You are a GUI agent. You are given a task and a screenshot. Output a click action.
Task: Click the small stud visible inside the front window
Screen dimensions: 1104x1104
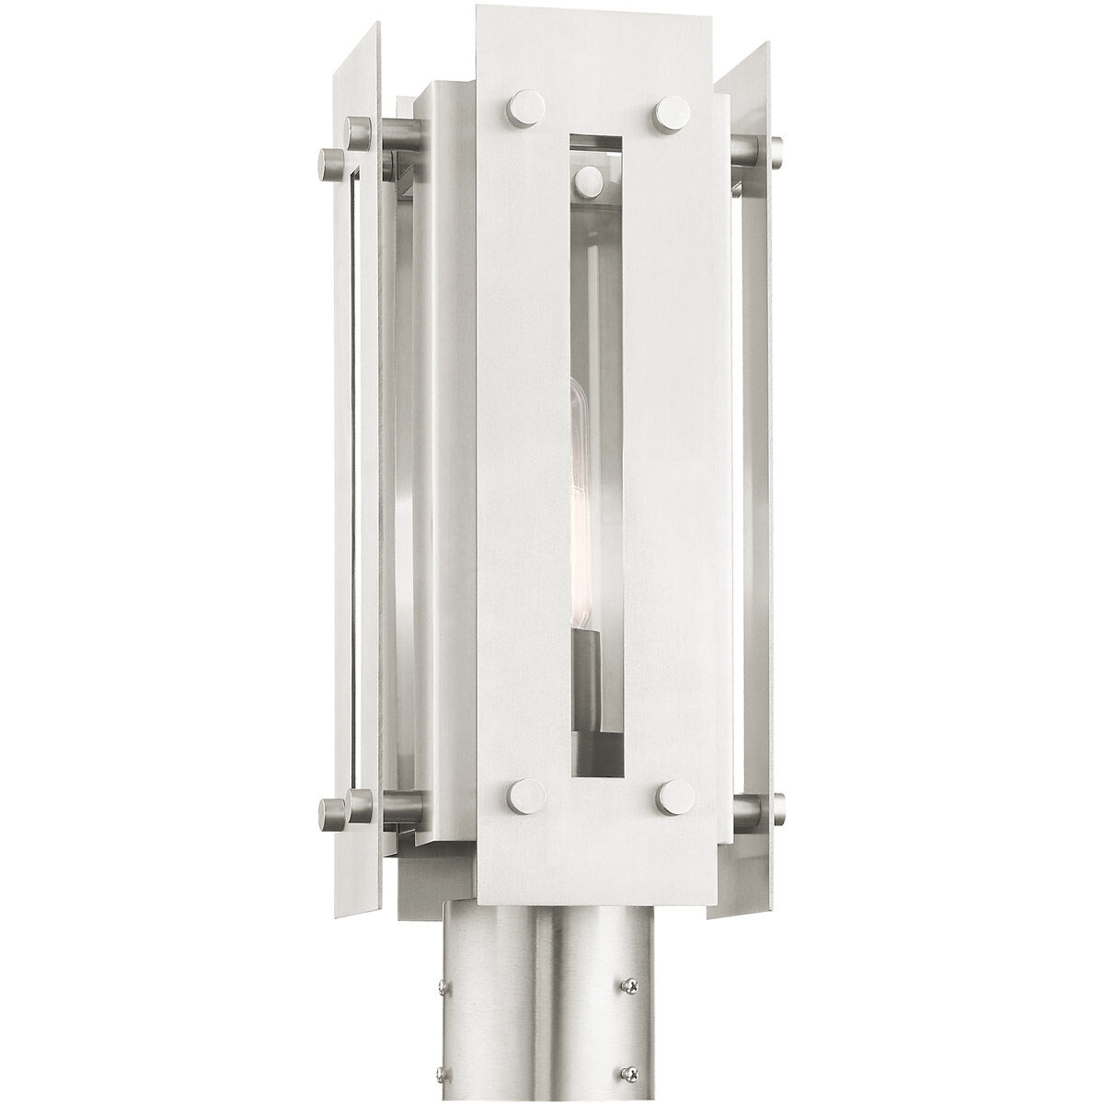coord(585,178)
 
